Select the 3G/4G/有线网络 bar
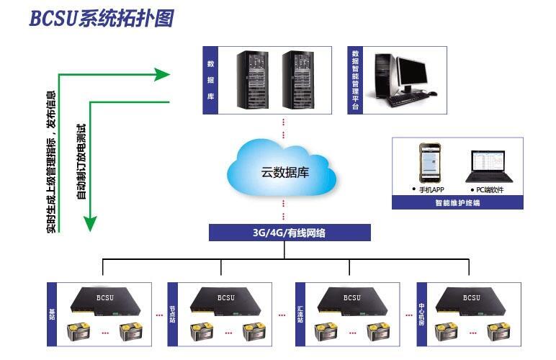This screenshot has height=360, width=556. (x=290, y=232)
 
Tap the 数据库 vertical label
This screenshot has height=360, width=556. (x=210, y=80)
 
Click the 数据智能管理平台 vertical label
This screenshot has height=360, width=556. (x=354, y=79)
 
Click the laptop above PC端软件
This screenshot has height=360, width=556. (x=488, y=166)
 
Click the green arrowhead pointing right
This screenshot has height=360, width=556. (x=162, y=73)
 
